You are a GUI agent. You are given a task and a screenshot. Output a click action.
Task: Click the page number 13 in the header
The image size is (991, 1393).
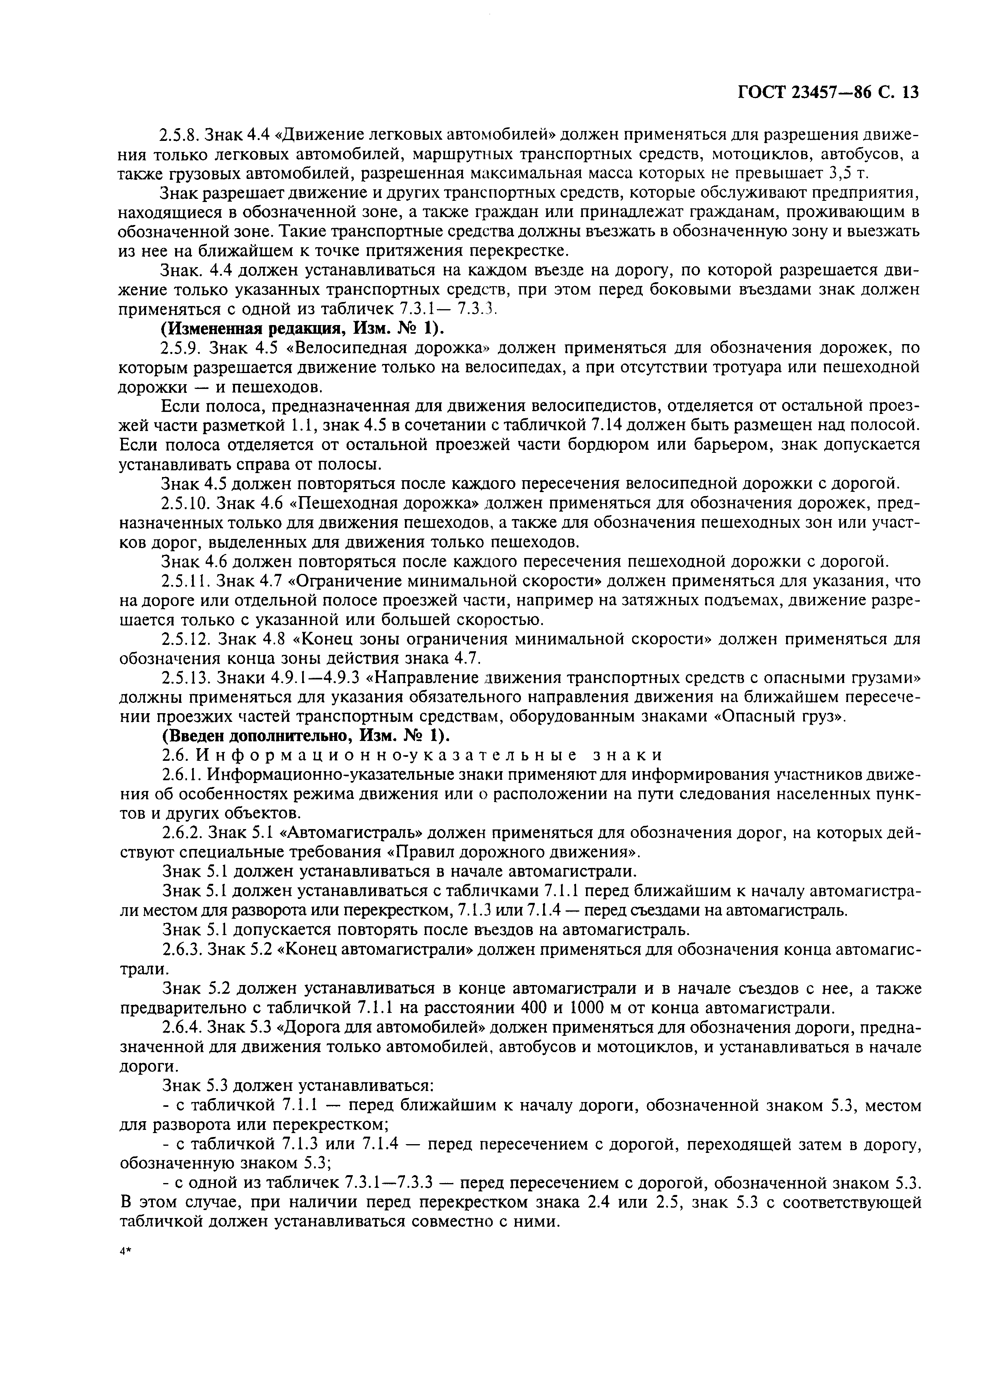[x=909, y=92]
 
